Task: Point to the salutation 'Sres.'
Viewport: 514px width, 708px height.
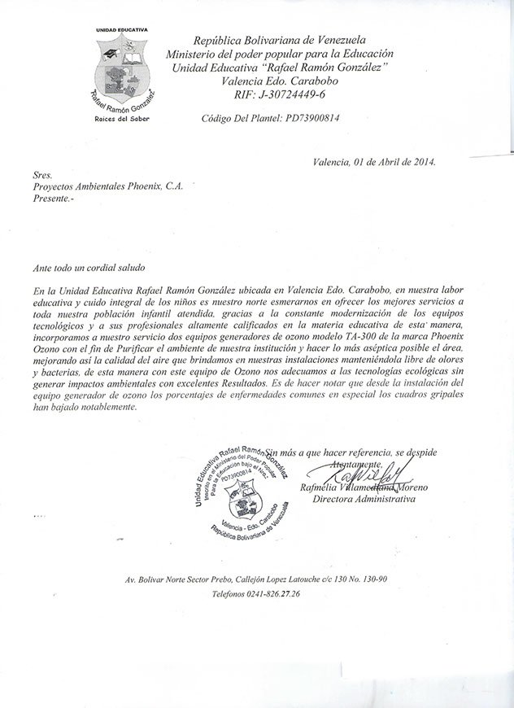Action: [x=42, y=174]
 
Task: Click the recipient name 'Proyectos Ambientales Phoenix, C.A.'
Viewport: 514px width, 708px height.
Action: [x=108, y=186]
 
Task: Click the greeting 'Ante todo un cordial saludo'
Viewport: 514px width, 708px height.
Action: [x=89, y=266]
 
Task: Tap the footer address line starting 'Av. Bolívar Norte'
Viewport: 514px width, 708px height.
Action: [x=255, y=579]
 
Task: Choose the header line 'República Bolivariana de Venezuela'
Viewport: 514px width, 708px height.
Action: [x=279, y=40]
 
